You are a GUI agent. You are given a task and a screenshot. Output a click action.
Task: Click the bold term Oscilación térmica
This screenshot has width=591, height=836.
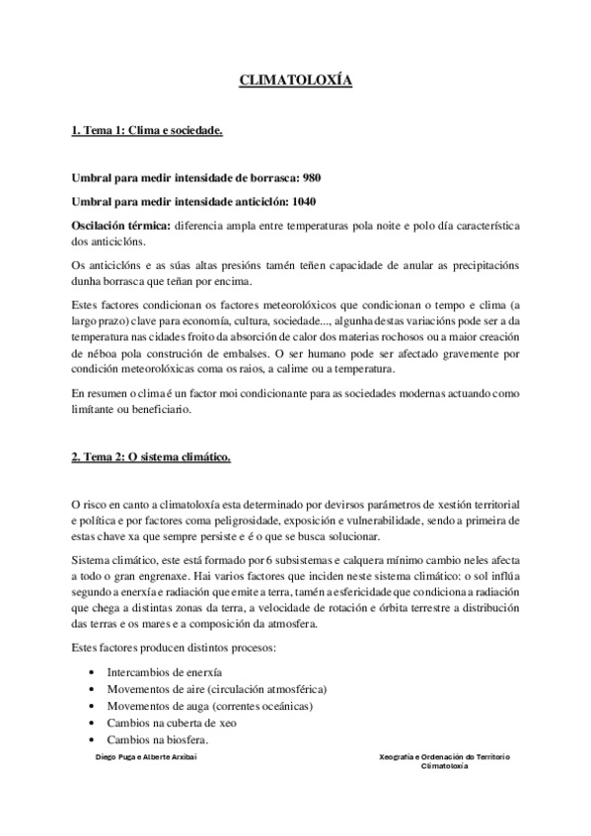120,226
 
